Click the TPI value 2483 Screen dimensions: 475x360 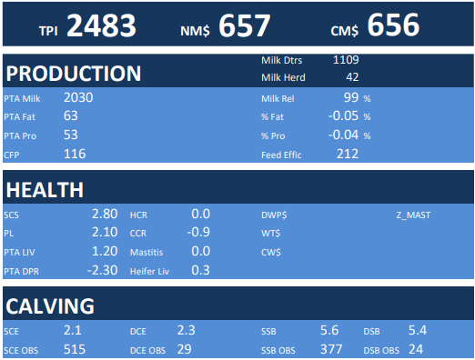click(101, 25)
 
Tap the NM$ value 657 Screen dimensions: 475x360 click(244, 25)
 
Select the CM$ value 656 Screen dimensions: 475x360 click(393, 25)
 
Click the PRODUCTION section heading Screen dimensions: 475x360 click(74, 74)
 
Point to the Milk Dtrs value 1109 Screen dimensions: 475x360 click(346, 60)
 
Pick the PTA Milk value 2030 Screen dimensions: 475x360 click(78, 97)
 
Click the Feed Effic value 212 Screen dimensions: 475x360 click(348, 154)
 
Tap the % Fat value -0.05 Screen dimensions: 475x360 click(343, 115)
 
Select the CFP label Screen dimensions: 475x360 click(12, 155)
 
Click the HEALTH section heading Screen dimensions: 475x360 click(45, 190)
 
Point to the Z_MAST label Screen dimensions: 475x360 click(413, 215)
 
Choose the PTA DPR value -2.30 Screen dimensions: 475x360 click(102, 270)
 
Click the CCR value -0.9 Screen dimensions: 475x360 click(198, 232)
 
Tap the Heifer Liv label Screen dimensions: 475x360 click(149, 271)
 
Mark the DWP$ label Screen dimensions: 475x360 click(274, 215)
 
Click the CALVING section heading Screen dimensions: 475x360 click(50, 306)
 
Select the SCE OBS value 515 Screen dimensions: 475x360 click(75, 349)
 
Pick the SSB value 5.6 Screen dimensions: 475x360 click(329, 330)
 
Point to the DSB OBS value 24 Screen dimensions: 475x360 click(416, 349)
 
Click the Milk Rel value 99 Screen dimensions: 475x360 click(351, 97)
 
